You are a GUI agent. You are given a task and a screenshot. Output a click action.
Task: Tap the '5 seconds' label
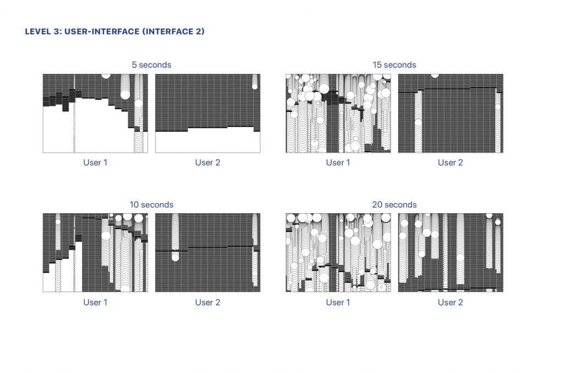click(x=151, y=65)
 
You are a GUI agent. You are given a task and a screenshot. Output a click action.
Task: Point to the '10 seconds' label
click(x=151, y=204)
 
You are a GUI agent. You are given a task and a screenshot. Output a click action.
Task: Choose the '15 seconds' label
click(x=394, y=65)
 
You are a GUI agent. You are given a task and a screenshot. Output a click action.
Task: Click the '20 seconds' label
click(x=394, y=204)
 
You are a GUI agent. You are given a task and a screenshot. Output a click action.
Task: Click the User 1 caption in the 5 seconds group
click(x=95, y=163)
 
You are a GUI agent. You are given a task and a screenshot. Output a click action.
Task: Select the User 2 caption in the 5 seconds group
click(x=208, y=163)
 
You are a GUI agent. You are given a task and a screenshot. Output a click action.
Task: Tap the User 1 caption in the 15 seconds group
click(x=338, y=163)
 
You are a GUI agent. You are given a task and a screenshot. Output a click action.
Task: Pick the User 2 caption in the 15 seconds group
click(x=451, y=163)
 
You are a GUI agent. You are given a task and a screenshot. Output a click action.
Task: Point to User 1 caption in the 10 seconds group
click(x=95, y=302)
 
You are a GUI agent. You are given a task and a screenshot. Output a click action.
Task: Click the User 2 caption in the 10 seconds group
click(x=208, y=302)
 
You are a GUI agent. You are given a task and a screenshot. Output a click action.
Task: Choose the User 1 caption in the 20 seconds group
click(x=338, y=302)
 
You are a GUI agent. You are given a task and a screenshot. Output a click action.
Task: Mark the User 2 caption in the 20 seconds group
click(x=451, y=302)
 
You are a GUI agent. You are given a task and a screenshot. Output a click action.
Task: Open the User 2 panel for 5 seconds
click(x=208, y=113)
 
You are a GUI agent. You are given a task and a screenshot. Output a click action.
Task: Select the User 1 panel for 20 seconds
click(x=338, y=252)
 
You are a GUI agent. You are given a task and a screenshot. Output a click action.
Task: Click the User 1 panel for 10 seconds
click(x=95, y=252)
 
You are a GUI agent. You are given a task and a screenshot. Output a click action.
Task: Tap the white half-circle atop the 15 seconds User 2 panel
click(x=435, y=75)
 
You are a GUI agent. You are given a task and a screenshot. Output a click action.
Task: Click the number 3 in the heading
click(x=56, y=31)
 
